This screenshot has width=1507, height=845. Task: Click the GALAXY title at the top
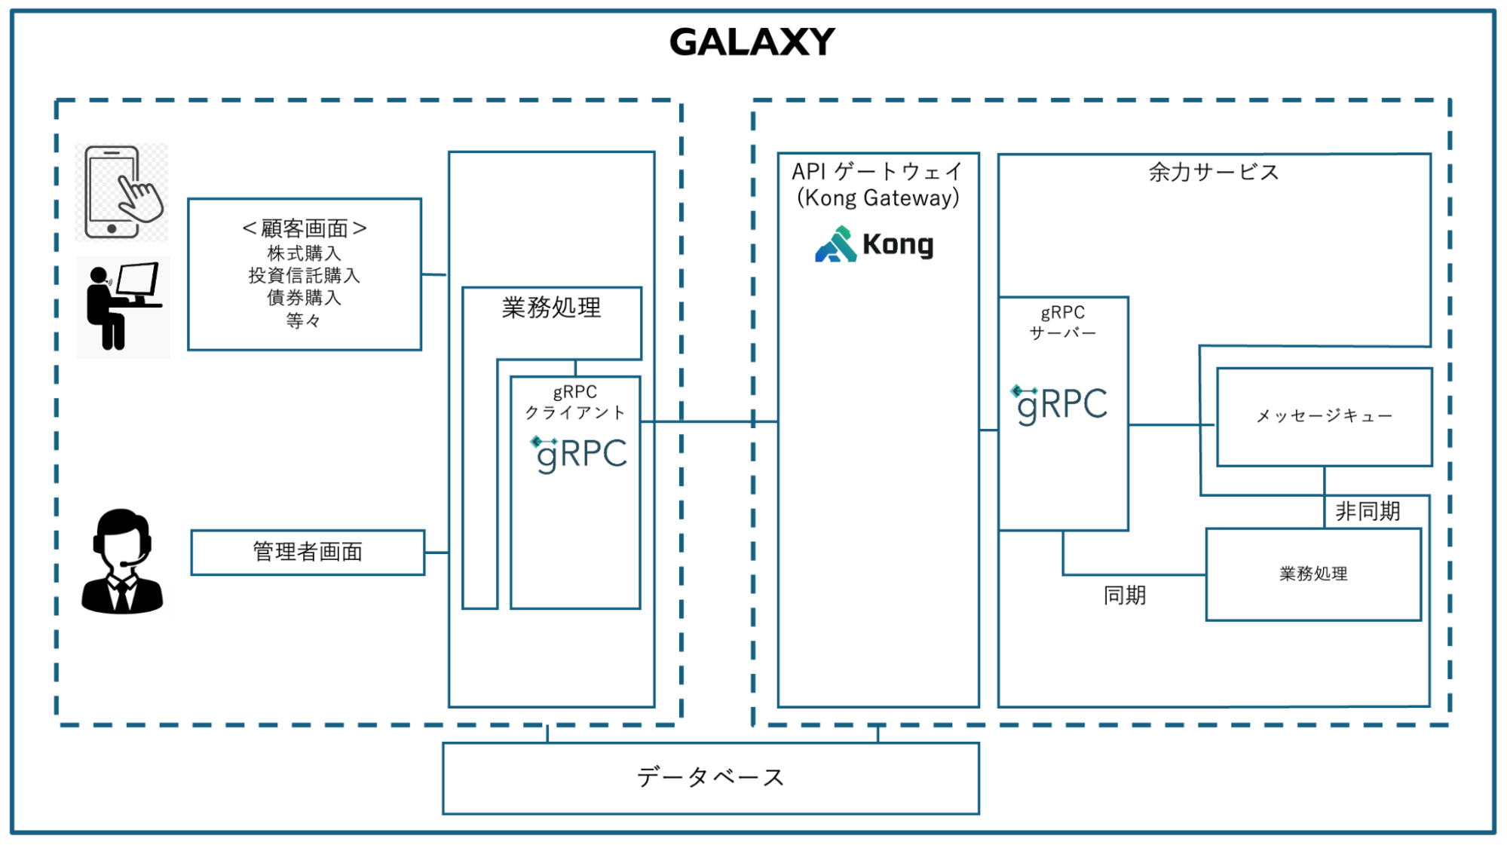coord(752,42)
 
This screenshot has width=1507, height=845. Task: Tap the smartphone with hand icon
coord(122,193)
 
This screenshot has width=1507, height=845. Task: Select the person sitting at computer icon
coord(123,306)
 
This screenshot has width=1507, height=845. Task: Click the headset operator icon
coord(121,562)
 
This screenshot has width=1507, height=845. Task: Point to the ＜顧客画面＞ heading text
coord(304,228)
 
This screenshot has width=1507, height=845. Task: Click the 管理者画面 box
coord(308,553)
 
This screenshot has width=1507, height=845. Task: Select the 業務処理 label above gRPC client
coord(551,308)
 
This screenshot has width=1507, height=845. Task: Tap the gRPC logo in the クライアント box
coord(579,454)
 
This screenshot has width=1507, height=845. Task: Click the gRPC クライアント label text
coord(575,403)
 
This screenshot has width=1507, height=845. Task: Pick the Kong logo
coord(874,244)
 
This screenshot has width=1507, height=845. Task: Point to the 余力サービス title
coord(1214,173)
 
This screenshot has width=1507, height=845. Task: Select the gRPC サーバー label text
coord(1063,323)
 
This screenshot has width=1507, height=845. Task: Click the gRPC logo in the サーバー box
coord(1059,404)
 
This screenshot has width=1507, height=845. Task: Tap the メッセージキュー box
coord(1324,417)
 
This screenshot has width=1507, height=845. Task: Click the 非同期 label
coord(1368,512)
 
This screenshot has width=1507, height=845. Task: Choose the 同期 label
coord(1125,595)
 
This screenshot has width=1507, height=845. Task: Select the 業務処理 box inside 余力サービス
coord(1313,574)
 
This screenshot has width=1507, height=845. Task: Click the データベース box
coord(710,778)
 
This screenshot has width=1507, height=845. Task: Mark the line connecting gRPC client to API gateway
coord(709,421)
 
